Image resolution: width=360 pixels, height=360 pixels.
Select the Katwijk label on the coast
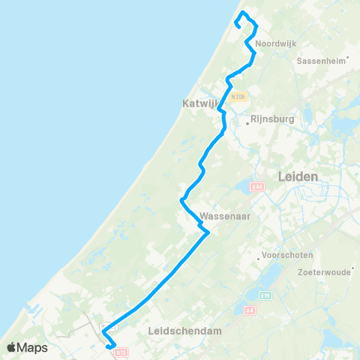click(199, 103)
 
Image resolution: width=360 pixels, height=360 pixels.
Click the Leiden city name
click(298, 176)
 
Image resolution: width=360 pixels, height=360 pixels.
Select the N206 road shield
click(239, 97)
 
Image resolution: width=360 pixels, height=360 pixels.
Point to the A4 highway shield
click(250, 309)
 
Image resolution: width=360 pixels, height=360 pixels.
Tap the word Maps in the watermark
click(33, 347)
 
